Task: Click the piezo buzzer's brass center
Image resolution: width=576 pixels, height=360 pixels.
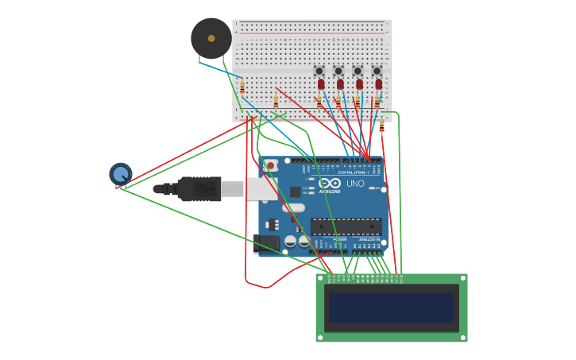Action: [x=211, y=38]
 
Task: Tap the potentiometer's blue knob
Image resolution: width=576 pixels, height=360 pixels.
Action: [x=120, y=173]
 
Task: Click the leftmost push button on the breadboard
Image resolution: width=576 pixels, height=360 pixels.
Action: [x=319, y=71]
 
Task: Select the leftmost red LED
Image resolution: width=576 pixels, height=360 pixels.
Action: [x=321, y=83]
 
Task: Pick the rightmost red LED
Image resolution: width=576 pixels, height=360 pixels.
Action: [x=378, y=83]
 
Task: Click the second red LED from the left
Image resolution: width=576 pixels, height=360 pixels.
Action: [x=340, y=83]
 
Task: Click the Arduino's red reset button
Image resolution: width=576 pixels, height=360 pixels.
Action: [x=271, y=165]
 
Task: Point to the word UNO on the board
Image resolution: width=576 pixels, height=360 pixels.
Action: [x=355, y=184]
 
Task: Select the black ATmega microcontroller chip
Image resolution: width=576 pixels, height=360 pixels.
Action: [x=346, y=226]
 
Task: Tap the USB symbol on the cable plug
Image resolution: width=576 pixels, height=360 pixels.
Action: [x=203, y=189]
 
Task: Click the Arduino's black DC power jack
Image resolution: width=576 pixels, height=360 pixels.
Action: [x=266, y=243]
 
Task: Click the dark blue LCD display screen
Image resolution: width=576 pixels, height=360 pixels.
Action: [x=391, y=308]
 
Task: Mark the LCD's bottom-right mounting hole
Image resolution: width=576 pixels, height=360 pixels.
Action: [x=462, y=337]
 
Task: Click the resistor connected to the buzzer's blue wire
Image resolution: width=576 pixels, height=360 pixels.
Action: [x=242, y=87]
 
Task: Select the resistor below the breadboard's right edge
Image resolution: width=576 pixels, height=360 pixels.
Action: [x=381, y=126]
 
